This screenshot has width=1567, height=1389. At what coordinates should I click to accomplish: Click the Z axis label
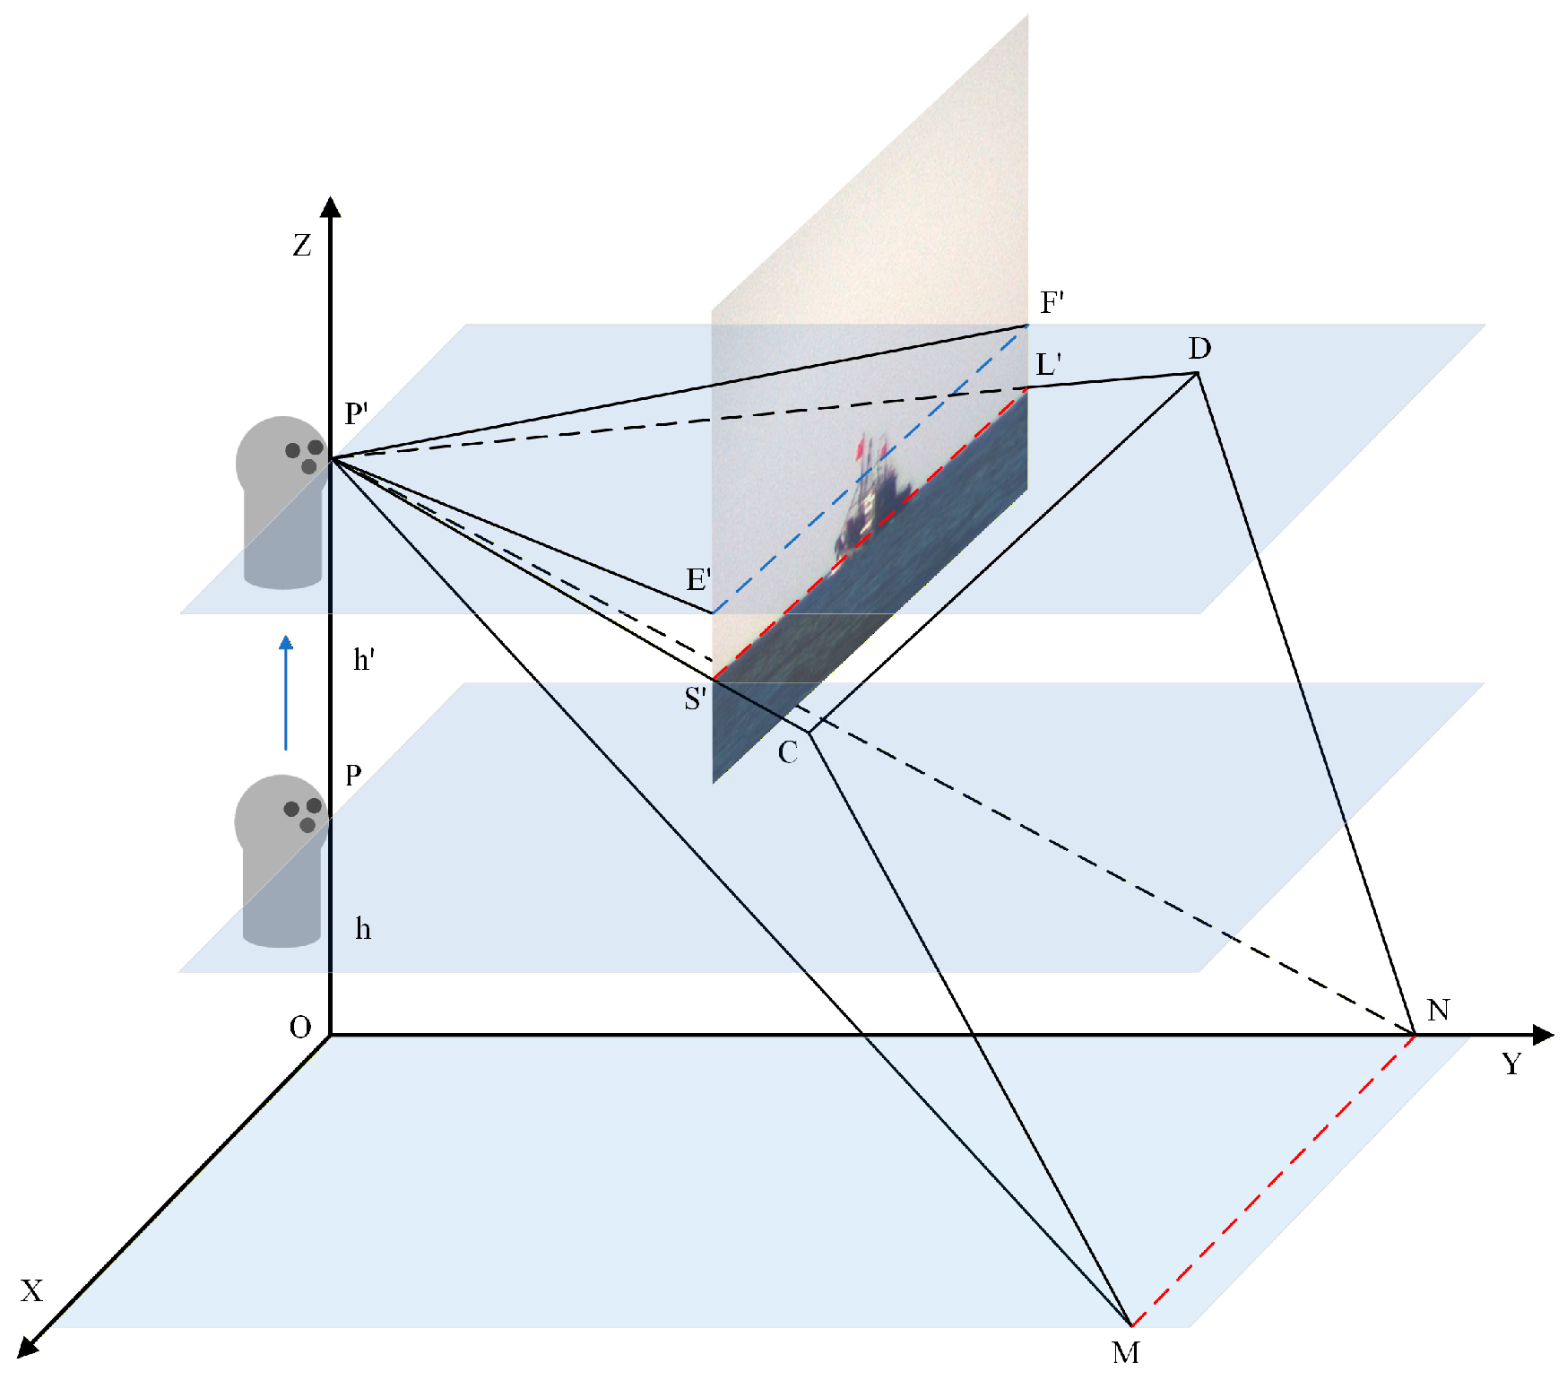[302, 246]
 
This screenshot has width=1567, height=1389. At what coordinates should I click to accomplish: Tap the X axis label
[32, 1291]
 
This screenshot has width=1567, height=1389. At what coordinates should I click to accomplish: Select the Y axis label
[1511, 1064]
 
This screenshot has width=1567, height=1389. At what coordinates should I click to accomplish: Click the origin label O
[300, 1028]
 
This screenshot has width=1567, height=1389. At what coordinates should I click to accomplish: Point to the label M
[1126, 1352]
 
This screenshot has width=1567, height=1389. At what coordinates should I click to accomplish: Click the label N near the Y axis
[1438, 1011]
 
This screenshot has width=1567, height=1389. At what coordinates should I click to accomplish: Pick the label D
[1199, 348]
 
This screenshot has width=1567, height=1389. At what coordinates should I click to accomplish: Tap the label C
[787, 752]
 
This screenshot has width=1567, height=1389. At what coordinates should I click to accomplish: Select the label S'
[695, 699]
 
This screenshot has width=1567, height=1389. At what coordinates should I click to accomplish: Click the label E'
[698, 579]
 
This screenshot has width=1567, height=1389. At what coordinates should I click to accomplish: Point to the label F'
[1052, 303]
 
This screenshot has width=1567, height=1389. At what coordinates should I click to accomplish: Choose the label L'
[1048, 365]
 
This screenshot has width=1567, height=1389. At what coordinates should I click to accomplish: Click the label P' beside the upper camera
[356, 413]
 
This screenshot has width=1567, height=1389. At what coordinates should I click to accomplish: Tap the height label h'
[364, 660]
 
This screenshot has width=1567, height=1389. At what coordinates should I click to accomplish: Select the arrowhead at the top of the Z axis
[331, 207]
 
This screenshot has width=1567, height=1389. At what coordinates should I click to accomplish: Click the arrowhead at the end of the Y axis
[1543, 1035]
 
